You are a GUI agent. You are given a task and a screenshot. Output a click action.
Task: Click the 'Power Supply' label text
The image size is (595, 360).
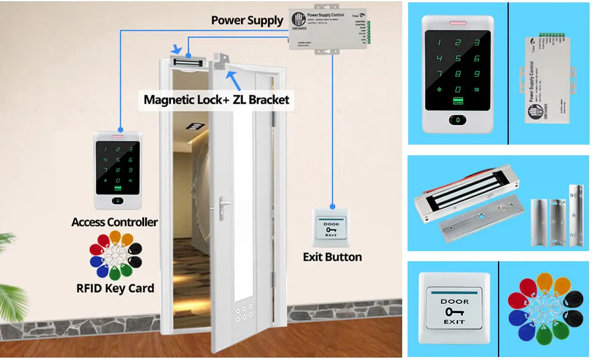[x=247, y=21]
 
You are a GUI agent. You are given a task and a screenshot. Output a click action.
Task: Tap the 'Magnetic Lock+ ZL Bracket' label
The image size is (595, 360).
[x=217, y=99]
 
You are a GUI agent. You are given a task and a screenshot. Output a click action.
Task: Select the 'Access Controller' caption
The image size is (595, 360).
[x=114, y=223]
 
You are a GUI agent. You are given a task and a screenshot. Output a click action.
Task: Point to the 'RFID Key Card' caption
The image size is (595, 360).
[x=115, y=289]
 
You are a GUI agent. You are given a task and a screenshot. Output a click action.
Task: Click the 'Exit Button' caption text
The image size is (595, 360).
[x=332, y=257]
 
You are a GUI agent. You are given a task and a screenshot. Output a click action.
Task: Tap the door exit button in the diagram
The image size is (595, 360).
[x=331, y=227]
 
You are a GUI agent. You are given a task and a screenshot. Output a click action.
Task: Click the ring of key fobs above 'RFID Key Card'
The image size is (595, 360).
[x=115, y=256]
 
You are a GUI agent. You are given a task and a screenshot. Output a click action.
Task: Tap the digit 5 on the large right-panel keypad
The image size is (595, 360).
[x=458, y=58]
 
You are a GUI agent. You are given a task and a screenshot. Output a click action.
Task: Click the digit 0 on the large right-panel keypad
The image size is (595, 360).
[x=458, y=89]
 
